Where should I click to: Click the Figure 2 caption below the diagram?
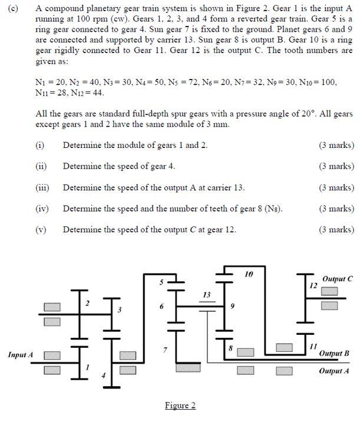180,406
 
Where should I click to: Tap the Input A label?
20,354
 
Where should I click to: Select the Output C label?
338,279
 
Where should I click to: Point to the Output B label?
334,354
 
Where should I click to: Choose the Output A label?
334,371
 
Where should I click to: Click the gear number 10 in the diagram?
249,274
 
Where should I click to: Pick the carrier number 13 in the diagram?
206,294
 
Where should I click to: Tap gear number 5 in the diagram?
158,284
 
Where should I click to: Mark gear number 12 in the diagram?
313,285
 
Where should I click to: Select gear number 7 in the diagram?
165,350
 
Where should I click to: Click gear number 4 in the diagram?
104,375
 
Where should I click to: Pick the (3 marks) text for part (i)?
336,145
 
